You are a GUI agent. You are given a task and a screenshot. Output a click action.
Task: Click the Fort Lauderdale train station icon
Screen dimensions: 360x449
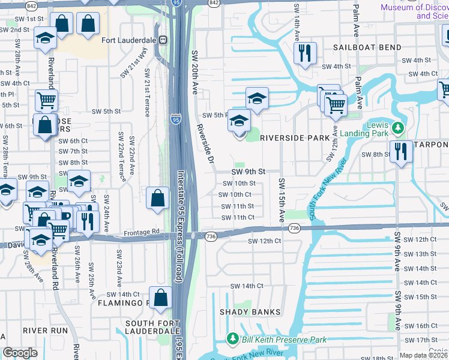point(163,40)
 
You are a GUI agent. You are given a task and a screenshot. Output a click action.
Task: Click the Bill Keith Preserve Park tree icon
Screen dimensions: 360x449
point(232,340)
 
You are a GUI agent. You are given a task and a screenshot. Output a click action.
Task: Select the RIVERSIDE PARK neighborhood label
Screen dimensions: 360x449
point(295,138)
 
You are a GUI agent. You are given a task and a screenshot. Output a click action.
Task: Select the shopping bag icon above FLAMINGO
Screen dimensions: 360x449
point(161,298)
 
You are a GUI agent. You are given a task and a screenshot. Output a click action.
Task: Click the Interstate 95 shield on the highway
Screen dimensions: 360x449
point(175,119)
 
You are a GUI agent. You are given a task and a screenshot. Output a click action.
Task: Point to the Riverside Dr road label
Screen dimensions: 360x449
point(204,144)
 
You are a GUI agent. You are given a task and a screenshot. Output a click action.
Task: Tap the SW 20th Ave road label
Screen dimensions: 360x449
point(194,72)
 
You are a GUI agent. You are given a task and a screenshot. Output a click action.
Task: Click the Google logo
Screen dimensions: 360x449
point(20,353)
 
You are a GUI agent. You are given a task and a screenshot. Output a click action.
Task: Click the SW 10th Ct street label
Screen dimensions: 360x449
point(235,194)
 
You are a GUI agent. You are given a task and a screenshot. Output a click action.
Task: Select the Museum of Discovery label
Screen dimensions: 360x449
point(414,11)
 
